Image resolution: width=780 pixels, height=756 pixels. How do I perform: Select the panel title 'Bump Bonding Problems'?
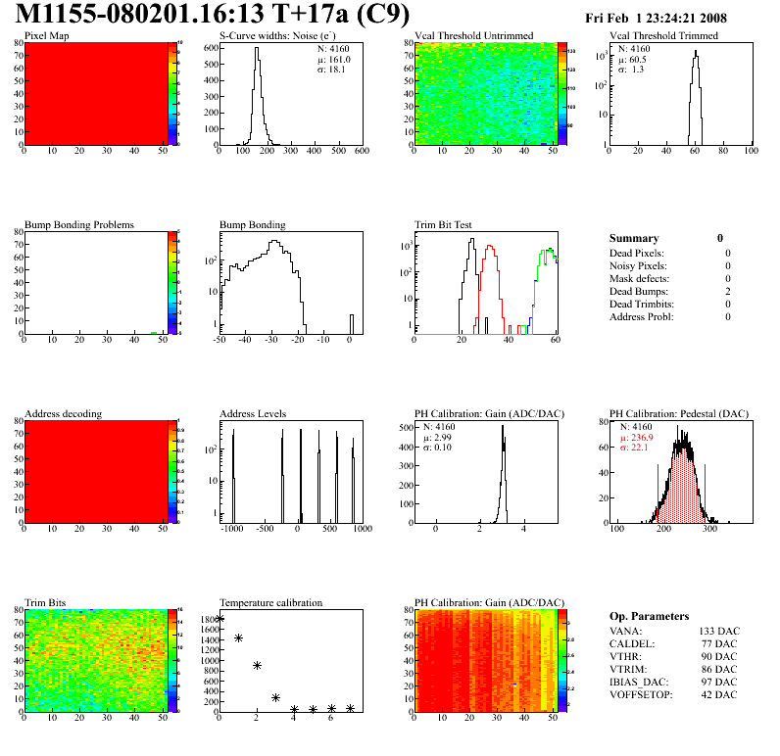coord(79,224)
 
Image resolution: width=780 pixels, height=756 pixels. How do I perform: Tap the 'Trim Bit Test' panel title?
coord(444,224)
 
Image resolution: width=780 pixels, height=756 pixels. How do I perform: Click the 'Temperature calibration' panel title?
coord(270,602)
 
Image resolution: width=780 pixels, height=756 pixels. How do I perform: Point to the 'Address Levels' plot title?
coord(254,413)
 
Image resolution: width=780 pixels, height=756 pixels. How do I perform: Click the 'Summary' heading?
coord(634,238)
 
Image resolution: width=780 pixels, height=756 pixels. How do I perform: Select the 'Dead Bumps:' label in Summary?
coord(637,291)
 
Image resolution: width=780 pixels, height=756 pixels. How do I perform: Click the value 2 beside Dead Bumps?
coord(728,291)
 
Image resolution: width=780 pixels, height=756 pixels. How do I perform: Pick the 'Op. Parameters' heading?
coord(649,616)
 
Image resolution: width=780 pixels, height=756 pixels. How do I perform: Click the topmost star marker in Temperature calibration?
coord(219,619)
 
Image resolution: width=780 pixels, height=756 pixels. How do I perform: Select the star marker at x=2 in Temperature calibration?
coord(257,665)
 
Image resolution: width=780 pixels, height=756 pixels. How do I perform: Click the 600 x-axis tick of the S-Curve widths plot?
coord(361,152)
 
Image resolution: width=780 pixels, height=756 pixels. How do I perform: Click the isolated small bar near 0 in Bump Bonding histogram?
coord(352,322)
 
